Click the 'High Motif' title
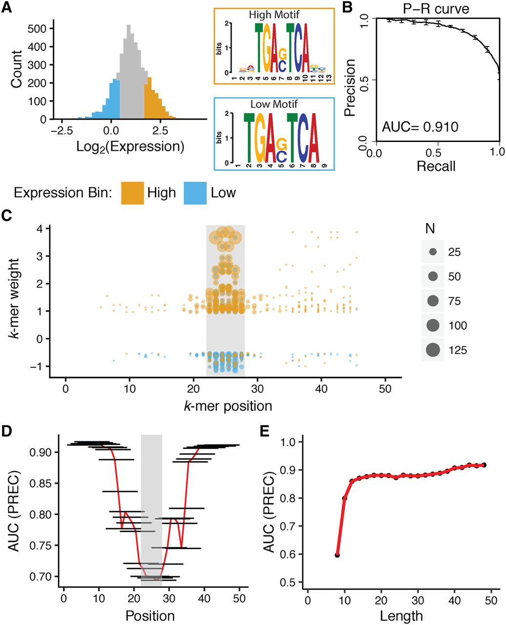pyautogui.click(x=274, y=15)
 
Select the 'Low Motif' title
pyautogui.click(x=274, y=104)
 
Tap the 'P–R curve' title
pyautogui.click(x=437, y=9)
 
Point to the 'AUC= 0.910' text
pyautogui.click(x=420, y=127)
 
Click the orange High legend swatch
pyautogui.click(x=133, y=193)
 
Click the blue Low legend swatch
pyautogui.click(x=195, y=193)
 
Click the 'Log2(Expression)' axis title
pyautogui.click(x=130, y=146)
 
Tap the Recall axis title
pyautogui.click(x=436, y=166)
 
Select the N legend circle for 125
pyautogui.click(x=433, y=350)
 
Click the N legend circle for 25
pyautogui.click(x=433, y=252)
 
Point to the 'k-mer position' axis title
pyautogui.click(x=228, y=406)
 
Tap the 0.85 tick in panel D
pyautogui.click(x=40, y=483)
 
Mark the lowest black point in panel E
pyautogui.click(x=337, y=555)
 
